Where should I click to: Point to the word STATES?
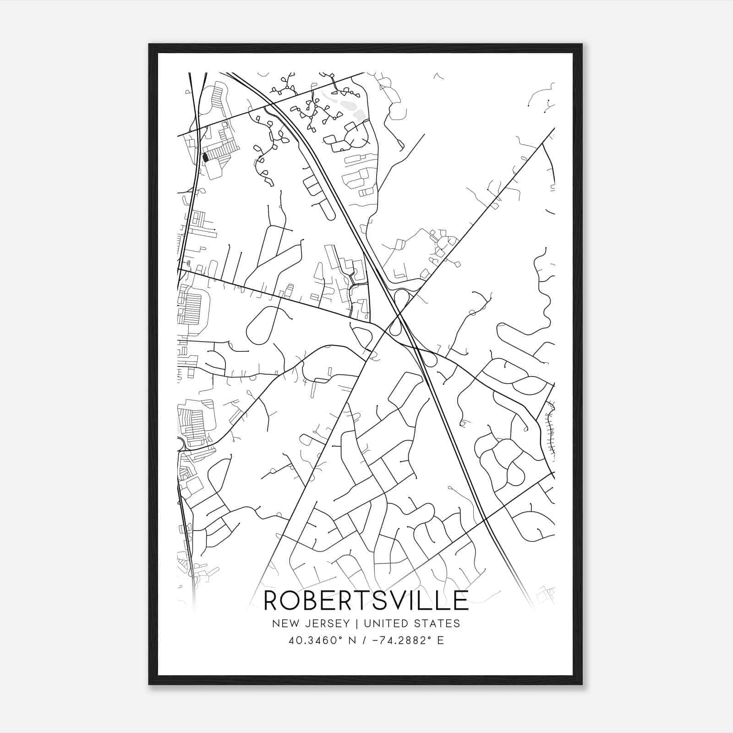click(x=438, y=624)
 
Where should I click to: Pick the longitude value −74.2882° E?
click(x=404, y=640)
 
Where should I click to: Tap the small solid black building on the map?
click(x=205, y=157)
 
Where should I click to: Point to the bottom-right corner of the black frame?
click(x=582, y=684)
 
